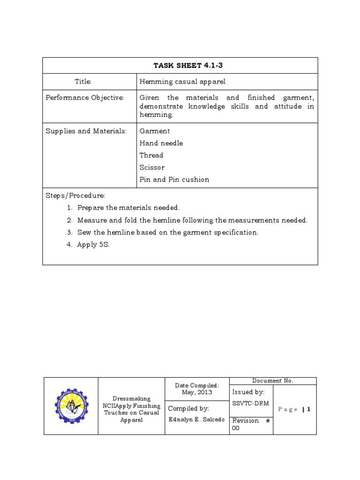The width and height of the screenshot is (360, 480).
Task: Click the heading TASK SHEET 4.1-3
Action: tap(180, 66)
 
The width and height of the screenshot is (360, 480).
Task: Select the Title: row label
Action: tap(83, 82)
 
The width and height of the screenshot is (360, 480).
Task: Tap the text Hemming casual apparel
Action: tap(182, 82)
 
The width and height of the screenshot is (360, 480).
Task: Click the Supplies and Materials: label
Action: tap(86, 131)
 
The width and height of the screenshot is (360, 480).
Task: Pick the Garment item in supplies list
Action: tap(155, 131)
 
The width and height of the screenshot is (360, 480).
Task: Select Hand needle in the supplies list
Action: tap(161, 143)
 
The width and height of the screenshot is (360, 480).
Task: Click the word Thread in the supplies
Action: tap(151, 155)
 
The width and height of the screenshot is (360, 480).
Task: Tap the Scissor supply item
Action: tap(152, 167)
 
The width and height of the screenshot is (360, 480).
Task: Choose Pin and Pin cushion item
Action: tap(174, 180)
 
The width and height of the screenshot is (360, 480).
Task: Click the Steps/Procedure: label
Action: tap(75, 195)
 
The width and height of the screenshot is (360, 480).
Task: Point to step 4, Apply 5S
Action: tap(93, 245)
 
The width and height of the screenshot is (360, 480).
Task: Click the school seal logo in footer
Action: tap(71, 406)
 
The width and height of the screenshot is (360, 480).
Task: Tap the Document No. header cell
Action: tap(273, 381)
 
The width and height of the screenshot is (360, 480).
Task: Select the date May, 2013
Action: tap(197, 393)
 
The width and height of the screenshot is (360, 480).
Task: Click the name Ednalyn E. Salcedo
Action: tap(196, 420)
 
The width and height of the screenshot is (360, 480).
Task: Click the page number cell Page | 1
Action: tap(294, 409)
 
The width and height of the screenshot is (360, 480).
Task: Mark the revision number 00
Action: tap(236, 428)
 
